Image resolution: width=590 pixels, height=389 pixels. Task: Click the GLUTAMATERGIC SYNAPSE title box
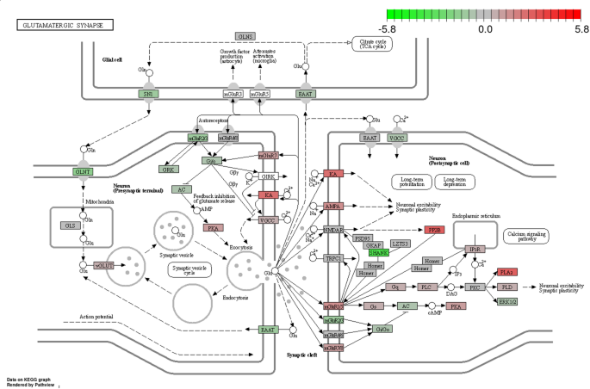[58, 26]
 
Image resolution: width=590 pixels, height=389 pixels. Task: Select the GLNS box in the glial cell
[245, 36]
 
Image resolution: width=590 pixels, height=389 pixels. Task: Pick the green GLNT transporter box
[83, 171]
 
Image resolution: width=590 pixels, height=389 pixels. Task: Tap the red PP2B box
[435, 230]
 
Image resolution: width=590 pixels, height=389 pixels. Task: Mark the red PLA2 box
[507, 272]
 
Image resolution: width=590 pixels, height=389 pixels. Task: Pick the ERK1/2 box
[507, 301]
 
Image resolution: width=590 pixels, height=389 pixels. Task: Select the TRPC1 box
[332, 258]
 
